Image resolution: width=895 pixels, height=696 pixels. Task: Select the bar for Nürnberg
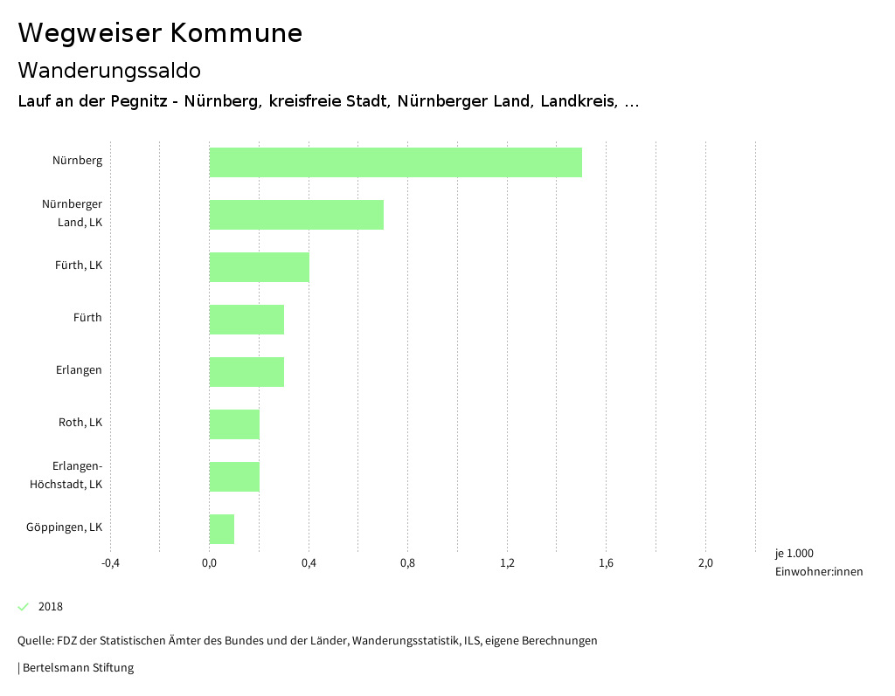395,162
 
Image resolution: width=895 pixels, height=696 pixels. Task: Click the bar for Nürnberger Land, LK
296,215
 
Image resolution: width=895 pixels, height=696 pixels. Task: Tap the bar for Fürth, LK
259,267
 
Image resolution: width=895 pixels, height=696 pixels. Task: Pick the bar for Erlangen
246,372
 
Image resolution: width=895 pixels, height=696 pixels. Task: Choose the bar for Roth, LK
234,424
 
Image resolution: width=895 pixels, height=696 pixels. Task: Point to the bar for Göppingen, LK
221,529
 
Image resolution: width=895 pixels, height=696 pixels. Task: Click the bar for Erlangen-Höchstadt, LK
234,477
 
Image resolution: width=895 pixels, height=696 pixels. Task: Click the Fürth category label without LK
87,318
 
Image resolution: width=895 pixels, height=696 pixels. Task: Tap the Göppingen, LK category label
64,527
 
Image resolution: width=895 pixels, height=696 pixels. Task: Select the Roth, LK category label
80,423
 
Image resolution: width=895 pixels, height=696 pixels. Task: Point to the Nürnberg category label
77,161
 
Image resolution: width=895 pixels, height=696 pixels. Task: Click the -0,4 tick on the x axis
110,563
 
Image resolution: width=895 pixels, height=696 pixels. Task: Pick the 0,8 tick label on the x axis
407,563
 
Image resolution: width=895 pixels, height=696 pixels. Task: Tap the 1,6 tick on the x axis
606,563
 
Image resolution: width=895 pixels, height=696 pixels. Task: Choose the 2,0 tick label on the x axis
705,563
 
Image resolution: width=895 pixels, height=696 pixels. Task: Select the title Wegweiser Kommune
160,33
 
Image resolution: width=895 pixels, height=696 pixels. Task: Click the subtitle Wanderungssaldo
109,70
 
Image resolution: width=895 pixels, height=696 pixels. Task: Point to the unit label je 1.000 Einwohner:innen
818,562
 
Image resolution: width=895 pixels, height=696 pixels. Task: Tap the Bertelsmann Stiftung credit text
77,668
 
